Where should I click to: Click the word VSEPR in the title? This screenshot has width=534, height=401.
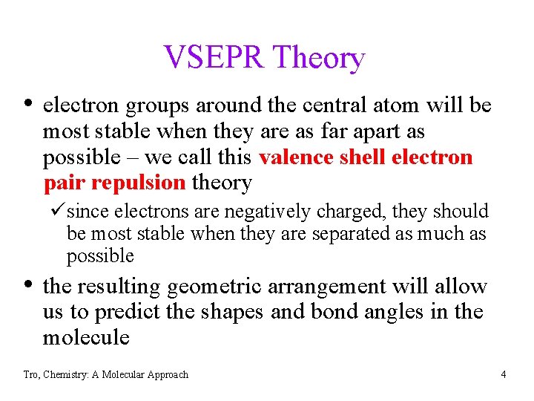click(x=214, y=57)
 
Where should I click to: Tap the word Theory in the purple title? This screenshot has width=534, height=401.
click(x=319, y=58)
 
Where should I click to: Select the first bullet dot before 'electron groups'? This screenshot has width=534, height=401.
click(x=28, y=103)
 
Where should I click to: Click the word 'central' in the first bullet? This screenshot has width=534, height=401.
click(x=334, y=105)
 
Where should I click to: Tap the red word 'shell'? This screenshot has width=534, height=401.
click(x=360, y=157)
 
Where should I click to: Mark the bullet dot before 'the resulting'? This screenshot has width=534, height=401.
click(x=28, y=284)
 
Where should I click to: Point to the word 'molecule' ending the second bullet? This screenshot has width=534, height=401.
click(x=86, y=338)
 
